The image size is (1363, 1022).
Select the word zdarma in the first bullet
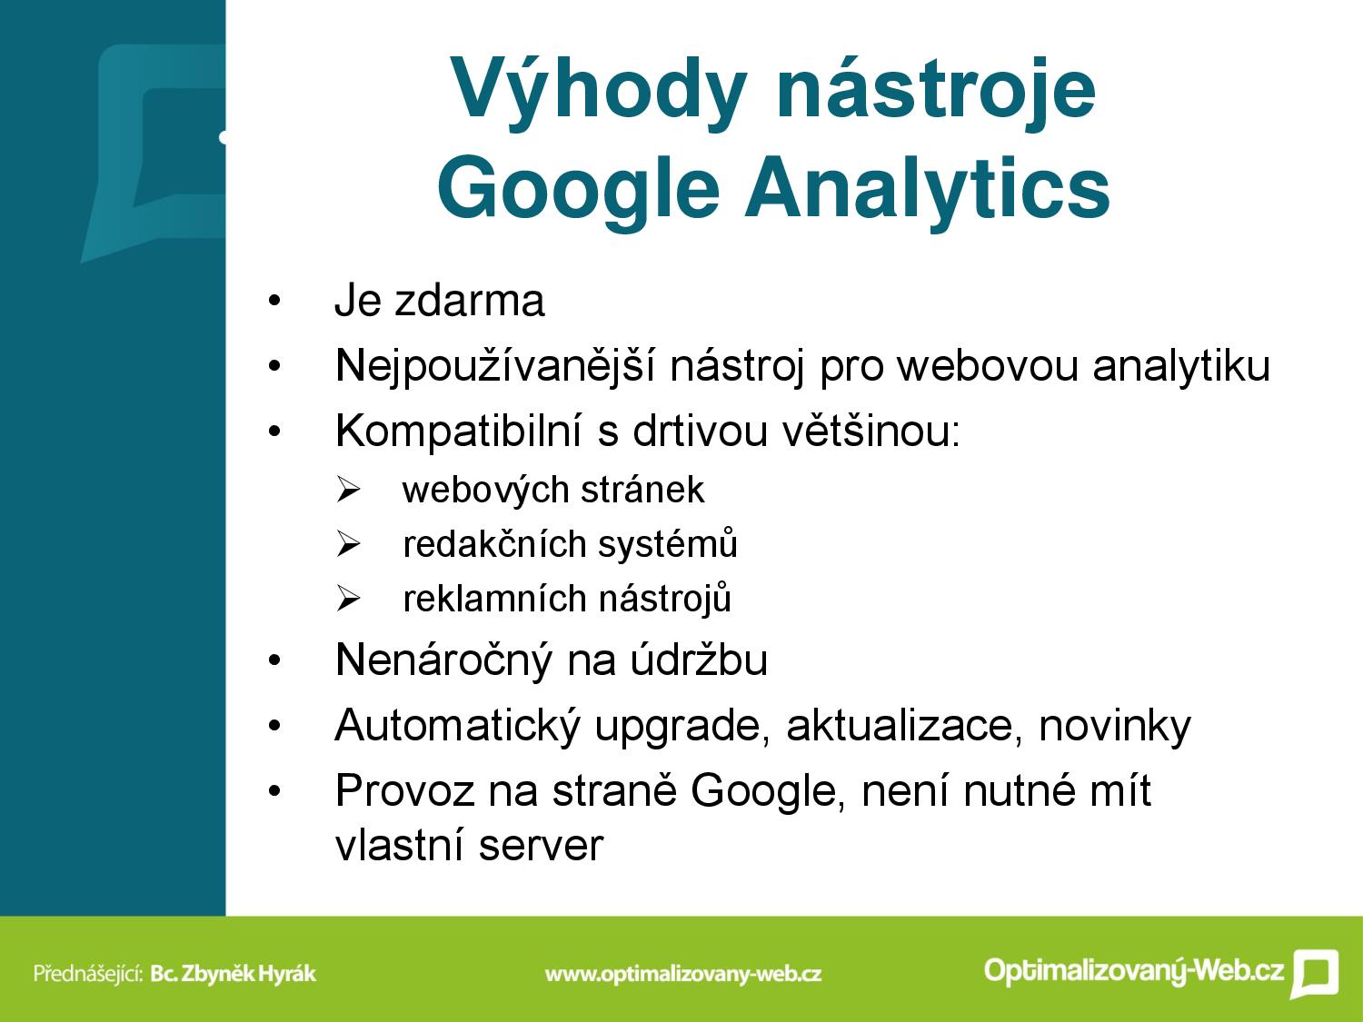[x=470, y=301]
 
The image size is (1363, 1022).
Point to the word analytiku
[x=1181, y=365]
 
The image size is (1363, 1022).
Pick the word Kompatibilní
[x=459, y=432]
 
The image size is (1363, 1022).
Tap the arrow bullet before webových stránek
[x=348, y=489]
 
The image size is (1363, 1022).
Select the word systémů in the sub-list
[x=668, y=545]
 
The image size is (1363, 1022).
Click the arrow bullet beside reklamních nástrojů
[x=348, y=599]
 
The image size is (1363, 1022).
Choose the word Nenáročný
[x=443, y=660]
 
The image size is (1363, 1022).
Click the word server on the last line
[x=541, y=846]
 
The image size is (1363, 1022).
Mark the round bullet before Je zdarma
[x=274, y=302]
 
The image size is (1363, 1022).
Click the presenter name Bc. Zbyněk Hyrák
[x=234, y=973]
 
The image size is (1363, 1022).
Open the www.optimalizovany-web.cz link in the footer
[x=683, y=974]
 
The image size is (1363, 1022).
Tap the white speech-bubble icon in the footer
[x=1314, y=974]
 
